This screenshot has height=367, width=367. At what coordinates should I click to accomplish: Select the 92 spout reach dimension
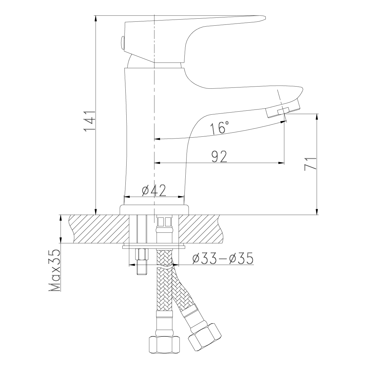coord(219,157)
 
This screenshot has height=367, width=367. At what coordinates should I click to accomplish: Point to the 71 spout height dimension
coord(310,164)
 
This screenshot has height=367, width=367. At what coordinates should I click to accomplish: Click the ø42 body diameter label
coord(154,190)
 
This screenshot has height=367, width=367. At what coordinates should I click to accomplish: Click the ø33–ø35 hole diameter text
coord(223,258)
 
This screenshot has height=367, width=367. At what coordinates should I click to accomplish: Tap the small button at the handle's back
coord(122,43)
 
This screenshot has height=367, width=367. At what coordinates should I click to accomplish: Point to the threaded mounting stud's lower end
coord(142,274)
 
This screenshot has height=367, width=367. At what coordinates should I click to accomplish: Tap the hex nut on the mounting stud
coord(142,254)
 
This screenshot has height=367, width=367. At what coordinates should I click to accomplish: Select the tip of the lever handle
coord(265,17)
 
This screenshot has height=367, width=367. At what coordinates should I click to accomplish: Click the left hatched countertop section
coord(99,229)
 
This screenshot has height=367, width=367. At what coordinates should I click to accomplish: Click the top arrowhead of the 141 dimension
coord(96,19)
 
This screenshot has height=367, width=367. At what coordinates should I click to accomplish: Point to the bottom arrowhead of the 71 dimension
coord(317,211)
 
